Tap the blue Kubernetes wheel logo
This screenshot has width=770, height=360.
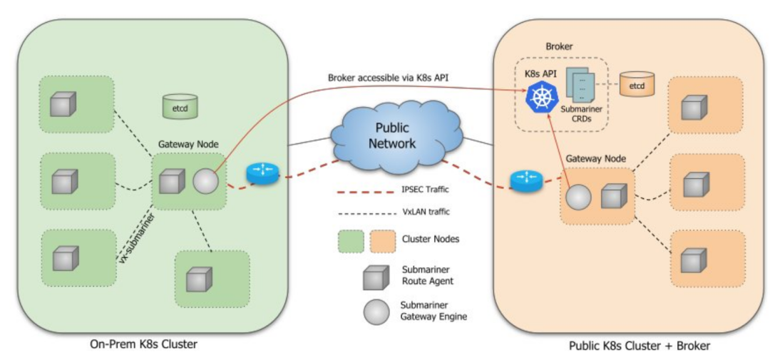[540, 97]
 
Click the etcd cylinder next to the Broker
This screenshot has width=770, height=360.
[637, 85]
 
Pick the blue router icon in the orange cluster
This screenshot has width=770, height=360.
[526, 179]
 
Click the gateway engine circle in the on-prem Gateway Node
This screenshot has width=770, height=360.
[205, 182]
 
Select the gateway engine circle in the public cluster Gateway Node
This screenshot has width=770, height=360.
[578, 196]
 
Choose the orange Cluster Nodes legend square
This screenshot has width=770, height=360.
[384, 240]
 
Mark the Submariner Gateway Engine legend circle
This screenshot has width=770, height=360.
[376, 310]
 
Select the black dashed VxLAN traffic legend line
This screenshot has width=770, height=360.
[366, 212]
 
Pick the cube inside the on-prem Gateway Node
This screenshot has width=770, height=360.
[172, 182]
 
